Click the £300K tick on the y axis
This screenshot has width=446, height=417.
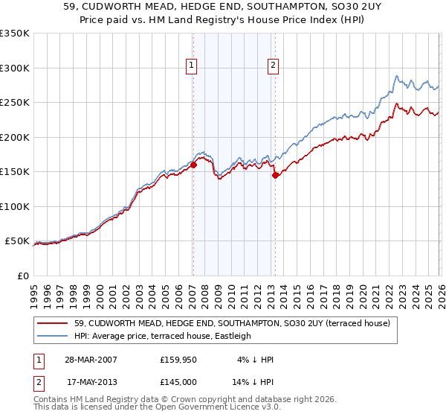click(15, 68)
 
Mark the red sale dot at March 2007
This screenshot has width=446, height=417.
click(193, 165)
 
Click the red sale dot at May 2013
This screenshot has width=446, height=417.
click(275, 176)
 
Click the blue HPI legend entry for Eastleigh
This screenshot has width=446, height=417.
click(163, 336)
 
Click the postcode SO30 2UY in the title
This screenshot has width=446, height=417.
click(313, 7)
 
